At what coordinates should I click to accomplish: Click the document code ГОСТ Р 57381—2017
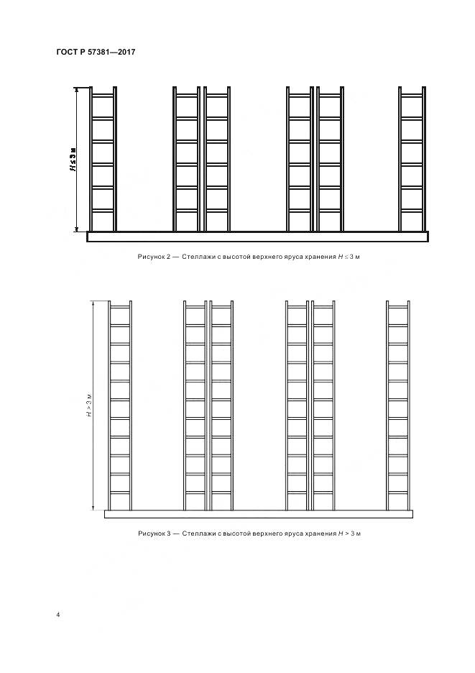pyautogui.click(x=96, y=52)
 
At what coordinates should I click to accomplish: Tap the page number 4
pyautogui.click(x=58, y=615)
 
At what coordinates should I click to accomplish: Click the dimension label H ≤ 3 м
pyautogui.click(x=73, y=159)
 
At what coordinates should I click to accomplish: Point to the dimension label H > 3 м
pyautogui.click(x=89, y=405)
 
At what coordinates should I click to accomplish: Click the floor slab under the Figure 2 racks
pyautogui.click(x=257, y=237)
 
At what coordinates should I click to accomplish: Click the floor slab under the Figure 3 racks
pyautogui.click(x=259, y=514)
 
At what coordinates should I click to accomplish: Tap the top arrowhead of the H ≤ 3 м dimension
pyautogui.click(x=77, y=90)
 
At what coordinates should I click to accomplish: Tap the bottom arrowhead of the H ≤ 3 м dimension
pyautogui.click(x=77, y=229)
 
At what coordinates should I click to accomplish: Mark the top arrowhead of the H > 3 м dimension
pyautogui.click(x=93, y=304)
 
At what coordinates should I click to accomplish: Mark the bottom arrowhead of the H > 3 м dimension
pyautogui.click(x=93, y=508)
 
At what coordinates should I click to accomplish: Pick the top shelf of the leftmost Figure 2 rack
pyautogui.click(x=103, y=95)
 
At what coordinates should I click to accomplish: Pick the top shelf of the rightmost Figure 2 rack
pyautogui.click(x=412, y=95)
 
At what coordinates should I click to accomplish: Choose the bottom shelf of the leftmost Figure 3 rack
pyautogui.click(x=120, y=493)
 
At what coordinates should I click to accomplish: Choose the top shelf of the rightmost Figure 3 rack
pyautogui.click(x=398, y=307)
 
